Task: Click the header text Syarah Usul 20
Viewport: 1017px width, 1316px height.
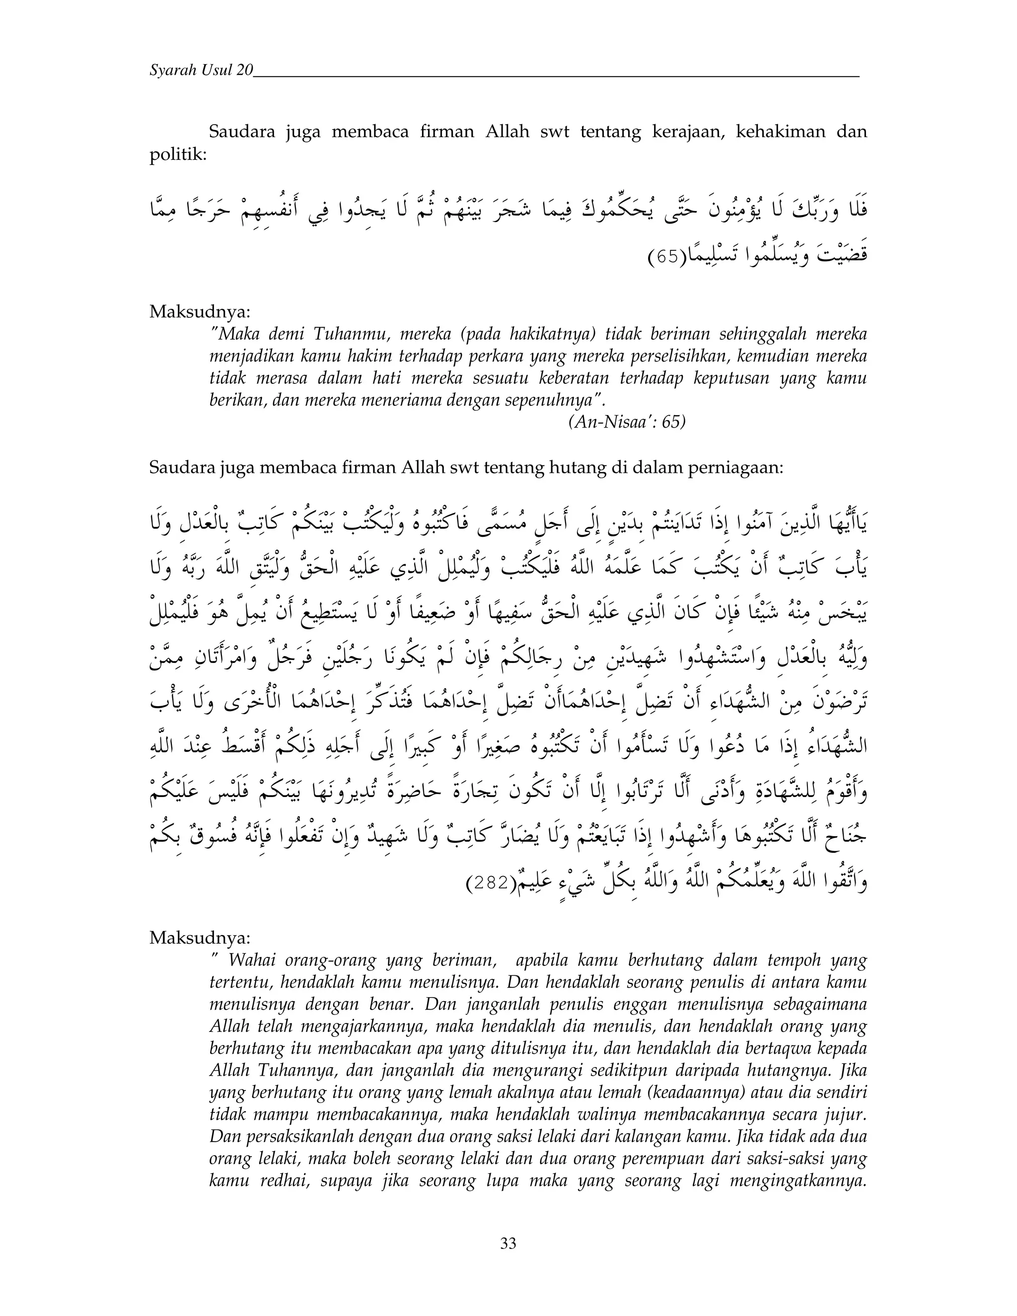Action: coord(201,71)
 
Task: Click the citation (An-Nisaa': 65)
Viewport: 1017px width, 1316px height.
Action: coord(626,422)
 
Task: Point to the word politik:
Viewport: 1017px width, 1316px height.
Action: coord(178,155)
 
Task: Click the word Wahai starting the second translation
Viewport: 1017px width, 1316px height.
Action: coord(253,960)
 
